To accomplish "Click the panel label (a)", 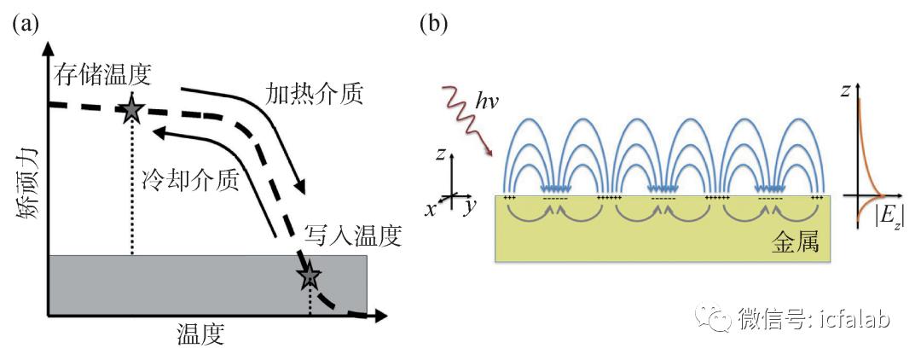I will click(x=25, y=23).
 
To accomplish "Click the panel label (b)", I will click(x=435, y=23).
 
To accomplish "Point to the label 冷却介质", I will click(x=190, y=179).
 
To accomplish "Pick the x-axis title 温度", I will click(x=200, y=333).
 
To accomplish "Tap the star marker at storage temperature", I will click(x=131, y=108).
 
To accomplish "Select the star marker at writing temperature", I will click(x=309, y=276).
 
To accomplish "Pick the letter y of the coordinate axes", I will click(x=468, y=206).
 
